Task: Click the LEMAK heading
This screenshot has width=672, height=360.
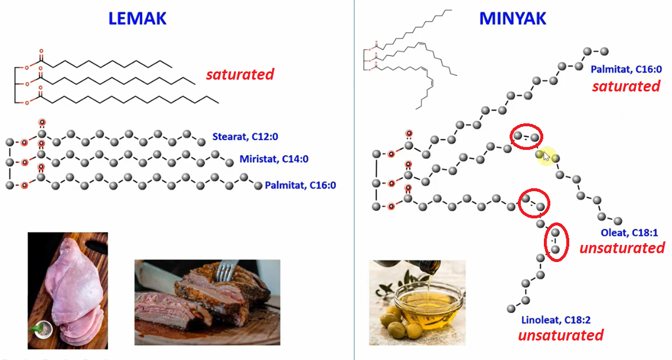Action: (137, 18)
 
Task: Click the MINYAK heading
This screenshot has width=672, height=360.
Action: (512, 18)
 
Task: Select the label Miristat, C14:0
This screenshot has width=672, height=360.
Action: (274, 159)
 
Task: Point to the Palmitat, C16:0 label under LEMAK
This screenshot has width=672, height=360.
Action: (301, 185)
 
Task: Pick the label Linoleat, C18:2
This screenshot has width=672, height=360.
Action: (556, 320)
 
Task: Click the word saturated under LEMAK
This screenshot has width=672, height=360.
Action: (240, 74)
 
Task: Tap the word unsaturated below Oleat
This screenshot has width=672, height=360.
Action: (622, 248)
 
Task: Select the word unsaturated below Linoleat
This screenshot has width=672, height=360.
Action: (560, 335)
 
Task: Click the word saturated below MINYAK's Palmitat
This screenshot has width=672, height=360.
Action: (626, 86)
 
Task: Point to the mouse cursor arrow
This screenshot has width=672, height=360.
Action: (546, 156)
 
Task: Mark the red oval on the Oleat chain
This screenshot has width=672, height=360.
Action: (526, 138)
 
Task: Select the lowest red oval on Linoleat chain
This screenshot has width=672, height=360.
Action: (555, 242)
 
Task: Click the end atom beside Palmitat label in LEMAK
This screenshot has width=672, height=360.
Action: (258, 185)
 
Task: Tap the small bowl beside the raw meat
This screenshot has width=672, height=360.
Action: (40, 332)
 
